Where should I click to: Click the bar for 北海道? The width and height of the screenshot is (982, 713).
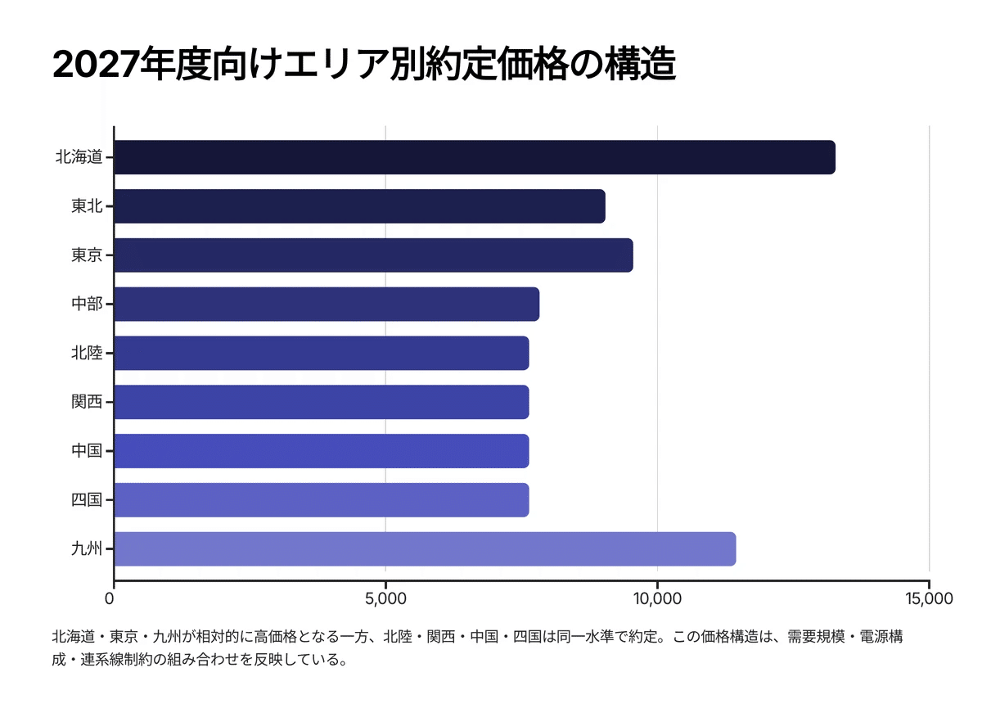pyautogui.click(x=475, y=157)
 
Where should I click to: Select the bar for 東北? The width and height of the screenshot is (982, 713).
pyautogui.click(x=360, y=206)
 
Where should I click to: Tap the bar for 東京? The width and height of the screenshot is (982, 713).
pyautogui.click(x=373, y=255)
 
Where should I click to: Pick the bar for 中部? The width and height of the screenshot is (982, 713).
pyautogui.click(x=327, y=304)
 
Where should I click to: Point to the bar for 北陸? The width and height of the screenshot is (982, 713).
pyautogui.click(x=322, y=353)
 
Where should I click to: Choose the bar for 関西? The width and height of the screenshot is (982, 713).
pyautogui.click(x=322, y=402)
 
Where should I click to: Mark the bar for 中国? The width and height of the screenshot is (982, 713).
pyautogui.click(x=322, y=451)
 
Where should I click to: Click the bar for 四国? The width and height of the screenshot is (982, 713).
pyautogui.click(x=322, y=499)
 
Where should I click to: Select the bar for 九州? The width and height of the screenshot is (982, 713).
pyautogui.click(x=425, y=548)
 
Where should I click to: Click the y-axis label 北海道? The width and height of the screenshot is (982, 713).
pyautogui.click(x=79, y=157)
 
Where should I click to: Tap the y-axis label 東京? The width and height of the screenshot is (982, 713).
pyautogui.click(x=87, y=255)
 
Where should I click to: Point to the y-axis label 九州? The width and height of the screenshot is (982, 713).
pyautogui.click(x=87, y=548)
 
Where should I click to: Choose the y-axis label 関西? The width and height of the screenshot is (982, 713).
pyautogui.click(x=87, y=402)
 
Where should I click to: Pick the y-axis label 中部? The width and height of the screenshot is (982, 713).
pyautogui.click(x=87, y=304)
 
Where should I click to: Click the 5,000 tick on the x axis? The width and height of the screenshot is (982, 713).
pyautogui.click(x=385, y=598)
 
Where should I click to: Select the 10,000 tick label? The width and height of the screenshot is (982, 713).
pyautogui.click(x=657, y=598)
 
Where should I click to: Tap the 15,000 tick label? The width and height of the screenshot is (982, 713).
pyautogui.click(x=929, y=598)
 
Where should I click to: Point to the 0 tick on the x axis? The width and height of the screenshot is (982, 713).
pyautogui.click(x=114, y=598)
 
